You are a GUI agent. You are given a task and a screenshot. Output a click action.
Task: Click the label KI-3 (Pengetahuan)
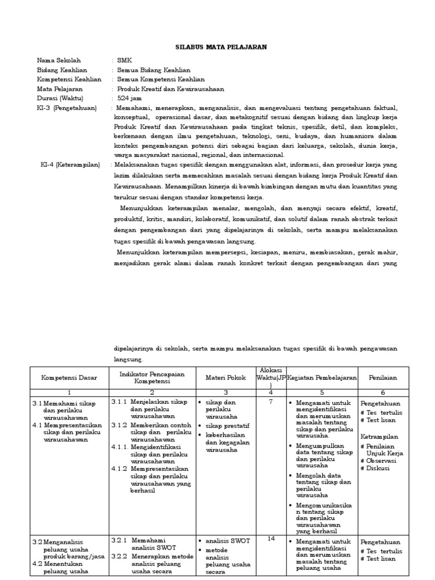(x=66, y=108)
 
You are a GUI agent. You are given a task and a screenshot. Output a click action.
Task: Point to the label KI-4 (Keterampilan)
(x=70, y=165)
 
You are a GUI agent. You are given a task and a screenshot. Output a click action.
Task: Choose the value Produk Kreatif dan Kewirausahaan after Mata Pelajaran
(x=170, y=89)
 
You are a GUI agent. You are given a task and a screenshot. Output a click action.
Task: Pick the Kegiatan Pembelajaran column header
(x=321, y=378)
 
